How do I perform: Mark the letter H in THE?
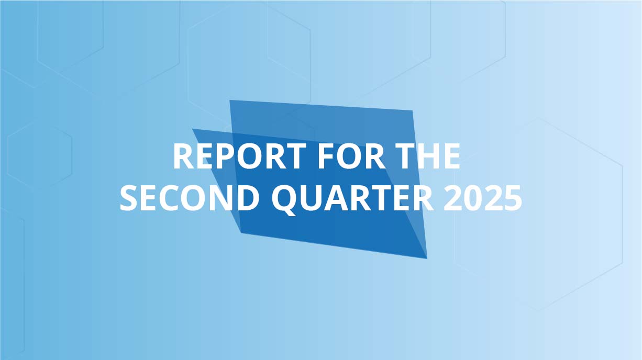click(428, 156)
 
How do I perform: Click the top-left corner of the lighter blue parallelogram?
click(230, 100)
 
